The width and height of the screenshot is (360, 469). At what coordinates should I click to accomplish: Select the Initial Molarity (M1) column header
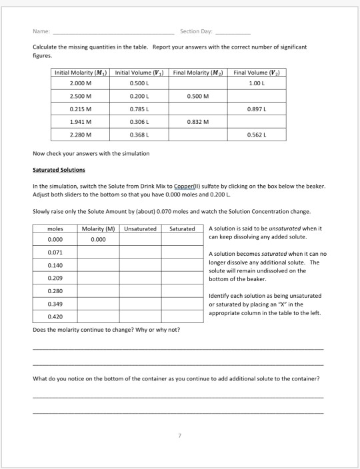[81, 72]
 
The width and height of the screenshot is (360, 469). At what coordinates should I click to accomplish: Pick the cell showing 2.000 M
[81, 83]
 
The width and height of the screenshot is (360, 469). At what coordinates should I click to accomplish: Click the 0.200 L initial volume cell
[139, 95]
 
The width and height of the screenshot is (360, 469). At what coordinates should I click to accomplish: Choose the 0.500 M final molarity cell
[198, 95]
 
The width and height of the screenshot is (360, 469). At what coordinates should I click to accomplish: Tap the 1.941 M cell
[81, 121]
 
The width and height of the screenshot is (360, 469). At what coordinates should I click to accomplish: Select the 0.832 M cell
[198, 121]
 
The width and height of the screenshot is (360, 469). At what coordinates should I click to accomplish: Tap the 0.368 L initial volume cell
[139, 135]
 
